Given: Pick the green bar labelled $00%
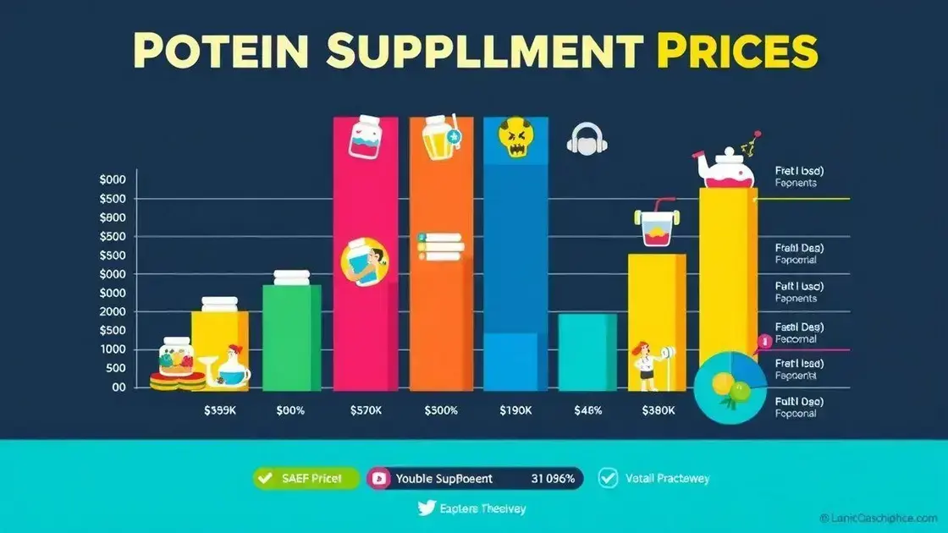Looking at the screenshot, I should pos(291,338).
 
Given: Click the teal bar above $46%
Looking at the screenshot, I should pos(587,352).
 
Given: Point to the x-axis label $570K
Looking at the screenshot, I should pos(367,411).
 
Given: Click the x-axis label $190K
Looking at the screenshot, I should pos(515,411).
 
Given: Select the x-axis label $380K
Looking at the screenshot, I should pos(659,411).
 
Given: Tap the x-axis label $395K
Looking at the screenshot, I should pos(220,411).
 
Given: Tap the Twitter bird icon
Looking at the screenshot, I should pos(427,508).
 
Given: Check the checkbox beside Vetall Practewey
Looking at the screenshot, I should pos(607,478).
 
